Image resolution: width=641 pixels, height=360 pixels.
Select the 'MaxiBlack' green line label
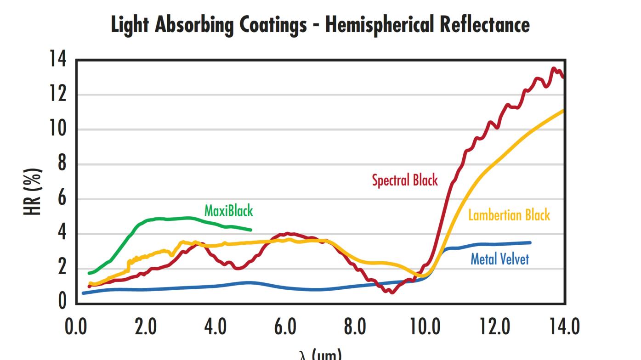[x=228, y=211]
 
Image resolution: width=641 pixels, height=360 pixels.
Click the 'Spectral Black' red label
[x=405, y=180]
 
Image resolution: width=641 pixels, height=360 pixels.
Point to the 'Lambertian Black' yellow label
[x=509, y=215]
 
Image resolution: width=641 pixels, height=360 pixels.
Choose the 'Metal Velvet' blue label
[x=499, y=259]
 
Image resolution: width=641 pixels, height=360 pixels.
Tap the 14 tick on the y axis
[x=58, y=60]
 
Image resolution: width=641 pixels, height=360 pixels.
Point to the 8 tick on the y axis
[x=62, y=164]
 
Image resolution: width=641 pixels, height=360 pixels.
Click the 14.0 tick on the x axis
[x=565, y=327]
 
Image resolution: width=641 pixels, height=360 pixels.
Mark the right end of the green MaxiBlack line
[x=251, y=230]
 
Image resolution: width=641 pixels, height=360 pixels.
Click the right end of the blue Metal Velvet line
[x=530, y=242]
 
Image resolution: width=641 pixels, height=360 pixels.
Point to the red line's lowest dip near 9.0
[x=392, y=292]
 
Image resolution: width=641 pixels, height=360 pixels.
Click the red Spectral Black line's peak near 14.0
[x=554, y=68]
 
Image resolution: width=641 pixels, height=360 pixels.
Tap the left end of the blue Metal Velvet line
[x=83, y=293]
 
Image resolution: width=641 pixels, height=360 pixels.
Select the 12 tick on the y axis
[x=58, y=95]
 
